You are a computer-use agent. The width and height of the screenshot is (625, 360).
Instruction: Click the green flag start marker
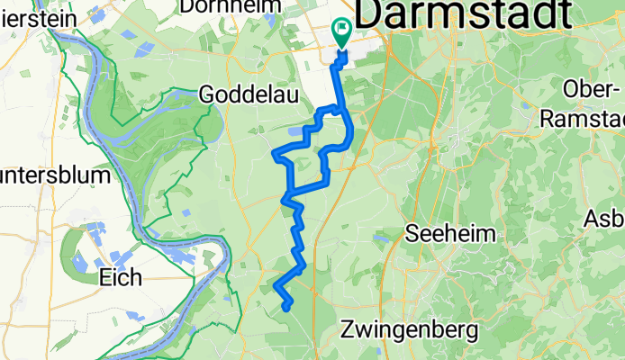pyautogui.click(x=343, y=31)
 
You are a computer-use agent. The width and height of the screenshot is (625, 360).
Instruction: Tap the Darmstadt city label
pyautogui.click(x=464, y=15)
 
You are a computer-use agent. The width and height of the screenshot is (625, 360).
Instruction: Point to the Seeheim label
pyautogui.click(x=451, y=233)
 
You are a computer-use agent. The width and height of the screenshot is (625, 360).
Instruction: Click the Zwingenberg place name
pyautogui.click(x=409, y=330)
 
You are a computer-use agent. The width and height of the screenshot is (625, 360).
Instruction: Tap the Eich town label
pyautogui.click(x=121, y=277)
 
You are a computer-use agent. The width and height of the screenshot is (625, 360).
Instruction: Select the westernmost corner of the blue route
pyautogui.click(x=274, y=154)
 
